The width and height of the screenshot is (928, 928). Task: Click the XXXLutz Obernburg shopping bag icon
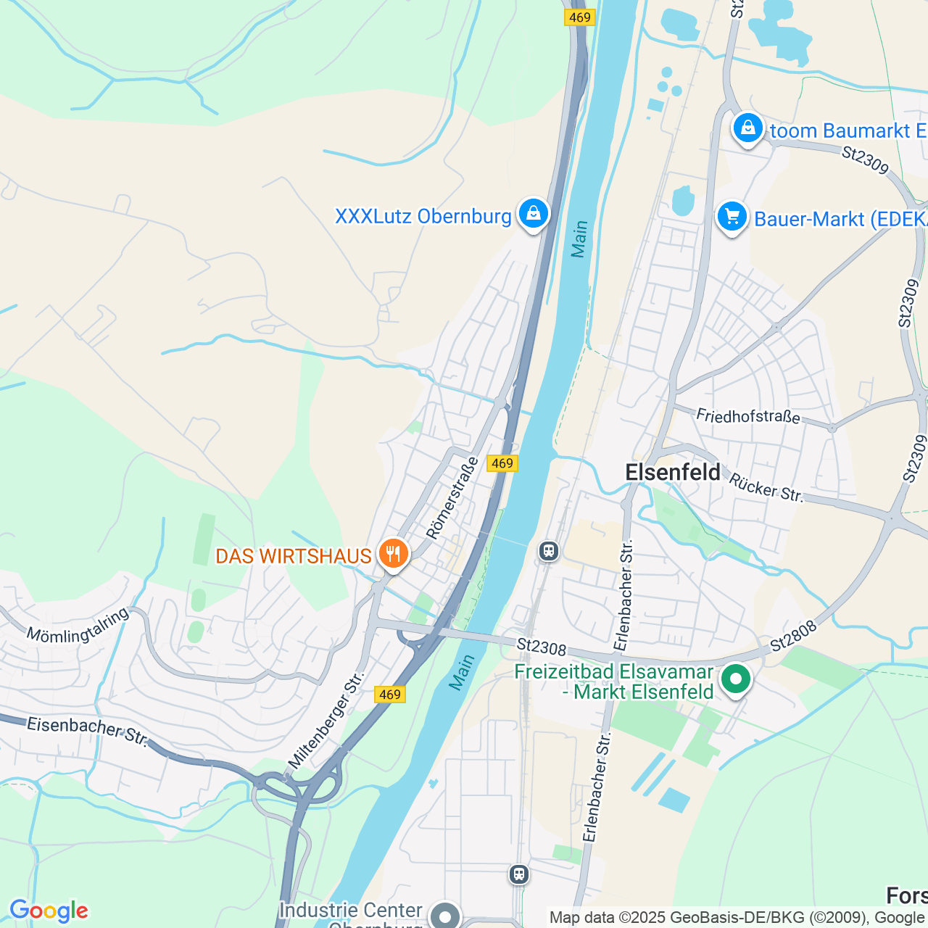coord(533,214)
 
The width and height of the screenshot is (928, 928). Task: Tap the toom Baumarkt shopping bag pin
coord(747,129)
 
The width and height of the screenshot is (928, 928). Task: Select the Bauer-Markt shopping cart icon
coord(732,217)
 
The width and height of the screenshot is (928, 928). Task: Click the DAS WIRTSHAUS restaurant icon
coord(392,555)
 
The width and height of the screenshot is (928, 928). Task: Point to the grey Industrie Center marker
coord(444,916)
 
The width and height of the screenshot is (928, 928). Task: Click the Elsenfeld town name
coord(673,472)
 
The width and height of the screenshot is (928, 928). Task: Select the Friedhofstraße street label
coord(748,416)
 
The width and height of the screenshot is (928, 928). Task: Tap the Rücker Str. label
coord(766,488)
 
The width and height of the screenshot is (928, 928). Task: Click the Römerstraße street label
coord(452,498)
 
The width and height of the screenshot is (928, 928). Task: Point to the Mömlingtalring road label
coord(78,625)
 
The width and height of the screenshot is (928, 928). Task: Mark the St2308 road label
coord(541,645)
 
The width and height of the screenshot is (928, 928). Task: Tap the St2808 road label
coord(793,636)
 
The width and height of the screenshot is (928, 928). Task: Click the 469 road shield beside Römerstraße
coord(502,463)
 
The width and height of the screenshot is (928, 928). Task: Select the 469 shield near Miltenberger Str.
coord(389,695)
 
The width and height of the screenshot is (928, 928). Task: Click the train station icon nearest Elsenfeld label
coord(549,551)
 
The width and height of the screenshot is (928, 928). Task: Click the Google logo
coord(49,911)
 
